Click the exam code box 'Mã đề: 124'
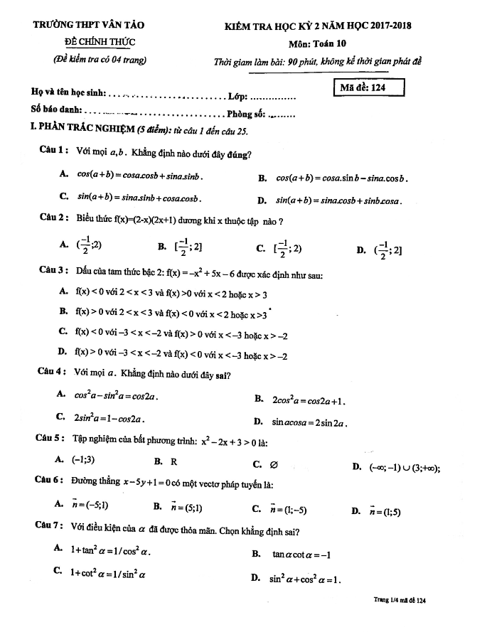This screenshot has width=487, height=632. [369, 87]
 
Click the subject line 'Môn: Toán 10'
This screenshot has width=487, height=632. [317, 43]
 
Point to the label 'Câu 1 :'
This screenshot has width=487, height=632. [54, 151]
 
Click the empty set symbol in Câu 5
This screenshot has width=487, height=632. [274, 464]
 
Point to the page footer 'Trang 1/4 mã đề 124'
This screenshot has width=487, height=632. [399, 601]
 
